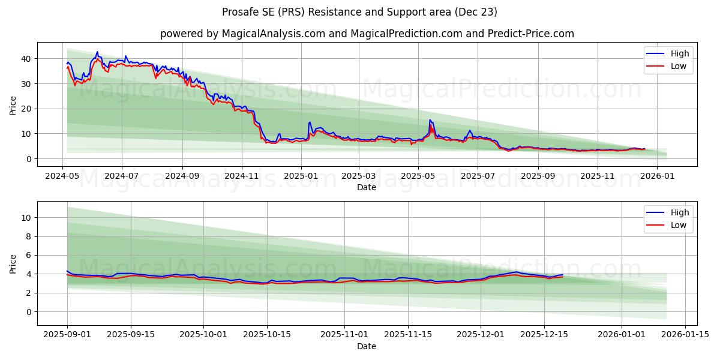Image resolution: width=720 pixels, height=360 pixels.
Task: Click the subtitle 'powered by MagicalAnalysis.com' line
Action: [x=367, y=34]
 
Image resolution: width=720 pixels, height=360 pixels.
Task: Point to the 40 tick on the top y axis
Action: [x=26, y=59]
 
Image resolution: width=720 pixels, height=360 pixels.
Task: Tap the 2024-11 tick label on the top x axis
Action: [x=241, y=176]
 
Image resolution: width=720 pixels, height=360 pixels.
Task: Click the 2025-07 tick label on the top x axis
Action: [x=478, y=176]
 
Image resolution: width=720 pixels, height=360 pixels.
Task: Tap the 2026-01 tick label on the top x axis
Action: [x=657, y=176]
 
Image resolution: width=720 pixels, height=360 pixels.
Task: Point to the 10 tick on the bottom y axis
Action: [x=26, y=218]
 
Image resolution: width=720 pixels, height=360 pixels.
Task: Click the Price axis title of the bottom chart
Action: [x=13, y=263]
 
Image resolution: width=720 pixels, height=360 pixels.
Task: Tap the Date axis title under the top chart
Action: [x=367, y=187]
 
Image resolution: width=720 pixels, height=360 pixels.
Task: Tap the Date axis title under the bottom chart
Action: [x=367, y=346]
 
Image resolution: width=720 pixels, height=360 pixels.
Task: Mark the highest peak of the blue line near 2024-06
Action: [x=97, y=52]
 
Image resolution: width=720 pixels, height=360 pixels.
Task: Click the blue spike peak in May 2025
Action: [x=430, y=120]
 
